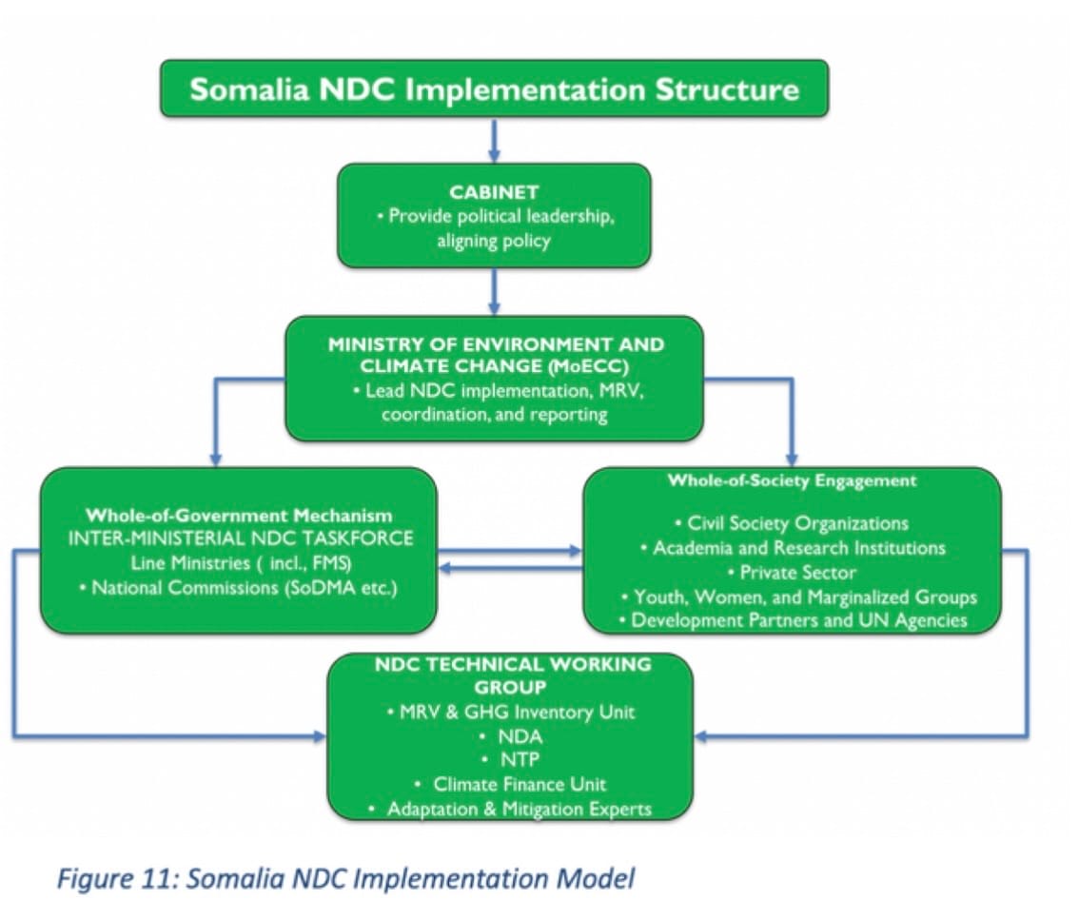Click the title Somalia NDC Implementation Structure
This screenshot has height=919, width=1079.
[494, 89]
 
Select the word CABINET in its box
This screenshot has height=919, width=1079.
[494, 192]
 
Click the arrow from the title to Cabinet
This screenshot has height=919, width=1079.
[494, 140]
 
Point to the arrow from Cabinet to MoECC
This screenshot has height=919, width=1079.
[494, 291]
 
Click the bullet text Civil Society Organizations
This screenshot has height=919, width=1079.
[790, 523]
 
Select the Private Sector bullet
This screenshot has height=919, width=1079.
[790, 573]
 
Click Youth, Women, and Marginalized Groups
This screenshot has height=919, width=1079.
[798, 597]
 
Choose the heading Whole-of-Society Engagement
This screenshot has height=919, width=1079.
[792, 480]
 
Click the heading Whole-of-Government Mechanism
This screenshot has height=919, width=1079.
[239, 516]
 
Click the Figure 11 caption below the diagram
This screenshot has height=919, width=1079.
[344, 878]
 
